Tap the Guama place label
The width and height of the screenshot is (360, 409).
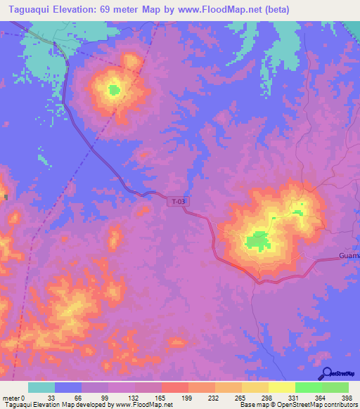point(349,255)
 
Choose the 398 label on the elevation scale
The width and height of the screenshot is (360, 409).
point(347,398)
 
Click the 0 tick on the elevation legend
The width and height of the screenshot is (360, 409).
point(24,398)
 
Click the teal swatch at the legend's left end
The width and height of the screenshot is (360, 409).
point(41,387)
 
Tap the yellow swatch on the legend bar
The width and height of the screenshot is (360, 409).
point(281,387)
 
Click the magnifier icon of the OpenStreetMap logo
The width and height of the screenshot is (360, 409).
point(326,373)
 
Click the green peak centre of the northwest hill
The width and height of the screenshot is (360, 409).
point(114,89)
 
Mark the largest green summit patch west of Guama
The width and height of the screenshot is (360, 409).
point(257,240)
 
